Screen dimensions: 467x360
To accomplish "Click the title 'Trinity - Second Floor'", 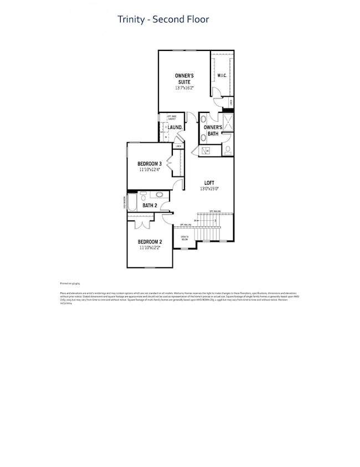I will coord(163,19).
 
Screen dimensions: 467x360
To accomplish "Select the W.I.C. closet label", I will coord(223,75).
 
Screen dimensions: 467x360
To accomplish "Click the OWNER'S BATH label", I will coord(213,131).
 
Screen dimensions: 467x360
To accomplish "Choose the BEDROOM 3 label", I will coord(150,164).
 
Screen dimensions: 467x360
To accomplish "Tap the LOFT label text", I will coord(209,183).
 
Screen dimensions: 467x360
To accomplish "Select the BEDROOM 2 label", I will coord(150,242).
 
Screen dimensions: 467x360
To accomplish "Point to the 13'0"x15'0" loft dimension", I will coord(210,189).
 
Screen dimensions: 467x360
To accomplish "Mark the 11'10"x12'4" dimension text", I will coord(150,170).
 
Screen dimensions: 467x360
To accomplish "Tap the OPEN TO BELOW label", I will coord(184,238).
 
